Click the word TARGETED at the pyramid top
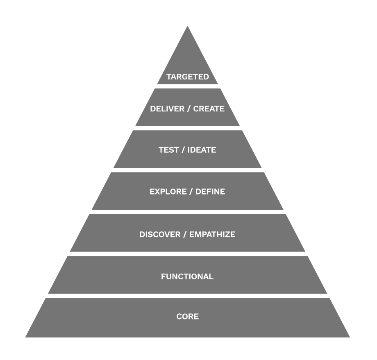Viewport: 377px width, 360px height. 188,77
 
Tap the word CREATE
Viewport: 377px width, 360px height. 209,109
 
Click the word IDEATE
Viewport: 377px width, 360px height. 202,150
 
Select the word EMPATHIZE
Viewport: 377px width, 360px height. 212,235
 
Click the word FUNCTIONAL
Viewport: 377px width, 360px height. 187,276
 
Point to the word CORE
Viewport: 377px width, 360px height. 187,317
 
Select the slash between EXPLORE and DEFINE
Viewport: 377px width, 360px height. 191,192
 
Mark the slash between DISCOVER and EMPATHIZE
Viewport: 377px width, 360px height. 186,235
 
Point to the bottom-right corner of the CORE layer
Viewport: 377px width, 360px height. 349,337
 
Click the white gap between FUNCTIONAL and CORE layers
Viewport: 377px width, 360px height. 187,296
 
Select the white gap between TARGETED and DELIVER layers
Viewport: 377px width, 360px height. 187,86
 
